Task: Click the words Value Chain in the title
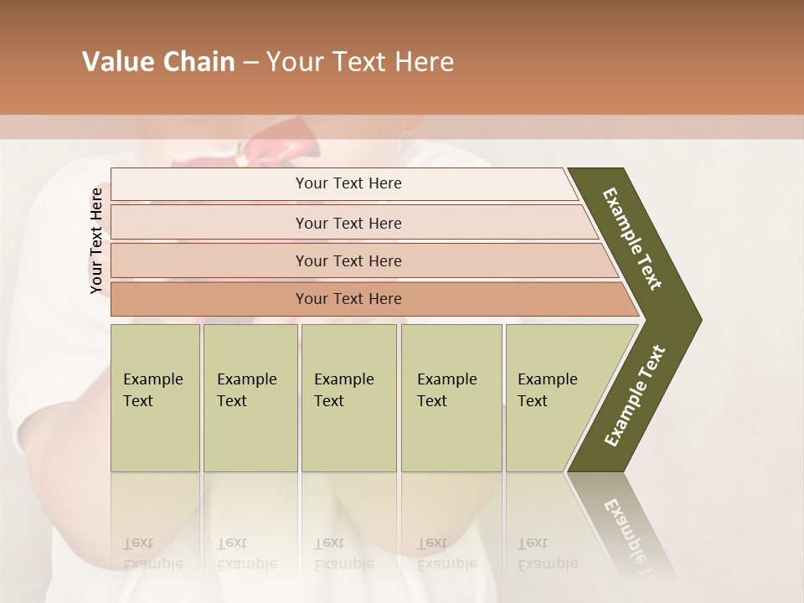coord(158,62)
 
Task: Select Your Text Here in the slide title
coord(360,62)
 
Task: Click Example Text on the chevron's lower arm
coord(634,395)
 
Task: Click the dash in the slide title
coord(250,62)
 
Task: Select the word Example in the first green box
coord(152,379)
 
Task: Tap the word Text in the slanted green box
coord(533,401)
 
